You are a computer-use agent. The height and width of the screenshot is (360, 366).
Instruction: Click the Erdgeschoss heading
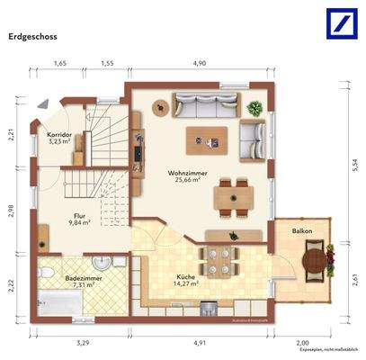(34, 38)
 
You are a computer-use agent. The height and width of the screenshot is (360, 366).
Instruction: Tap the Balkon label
(302, 231)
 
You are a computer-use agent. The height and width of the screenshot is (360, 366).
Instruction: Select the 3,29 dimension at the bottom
(83, 342)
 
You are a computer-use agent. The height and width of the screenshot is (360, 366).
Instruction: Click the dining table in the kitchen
(217, 256)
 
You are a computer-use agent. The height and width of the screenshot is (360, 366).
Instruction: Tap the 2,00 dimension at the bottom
(303, 342)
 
